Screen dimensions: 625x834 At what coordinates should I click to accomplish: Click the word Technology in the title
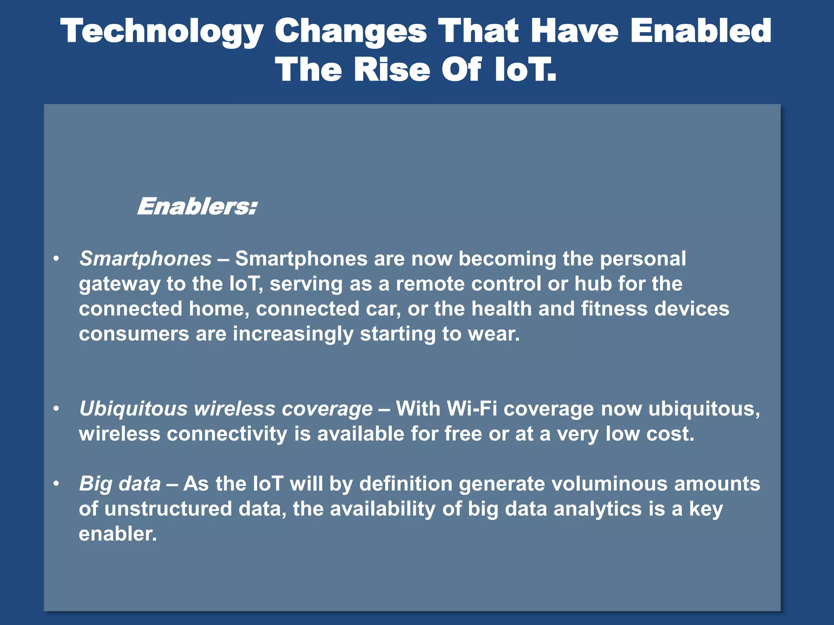point(162,32)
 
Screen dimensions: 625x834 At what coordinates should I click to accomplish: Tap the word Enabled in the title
point(700,31)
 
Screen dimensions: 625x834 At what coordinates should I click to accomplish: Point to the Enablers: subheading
point(197,207)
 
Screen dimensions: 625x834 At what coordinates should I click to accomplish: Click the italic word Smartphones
point(145,259)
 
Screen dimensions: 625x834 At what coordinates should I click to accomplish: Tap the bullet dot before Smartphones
point(56,259)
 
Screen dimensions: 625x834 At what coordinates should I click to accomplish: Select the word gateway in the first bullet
point(119,284)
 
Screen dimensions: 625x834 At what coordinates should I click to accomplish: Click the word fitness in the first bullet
point(614,309)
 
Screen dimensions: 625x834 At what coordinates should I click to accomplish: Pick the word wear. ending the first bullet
point(494,334)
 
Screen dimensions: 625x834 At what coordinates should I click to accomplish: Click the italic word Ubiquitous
point(133,409)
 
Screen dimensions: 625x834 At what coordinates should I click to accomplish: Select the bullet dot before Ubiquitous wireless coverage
point(56,409)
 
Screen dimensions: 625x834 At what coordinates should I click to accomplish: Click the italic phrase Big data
point(120,484)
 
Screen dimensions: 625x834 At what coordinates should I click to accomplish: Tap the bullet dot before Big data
point(56,484)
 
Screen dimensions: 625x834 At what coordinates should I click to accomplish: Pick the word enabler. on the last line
point(117,534)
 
